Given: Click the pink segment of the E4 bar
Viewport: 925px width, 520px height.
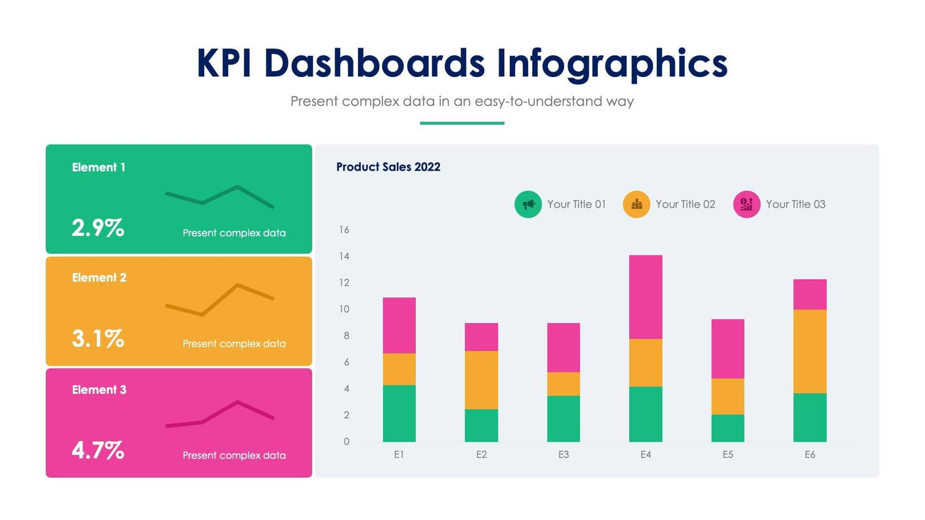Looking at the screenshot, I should point(645,297).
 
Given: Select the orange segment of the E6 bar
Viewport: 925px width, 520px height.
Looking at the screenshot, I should point(809,351).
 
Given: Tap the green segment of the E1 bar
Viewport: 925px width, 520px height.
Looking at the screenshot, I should point(399,413).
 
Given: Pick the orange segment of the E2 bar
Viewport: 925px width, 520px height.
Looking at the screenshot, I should point(481,380).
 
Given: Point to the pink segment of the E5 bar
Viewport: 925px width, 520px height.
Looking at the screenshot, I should point(727,348).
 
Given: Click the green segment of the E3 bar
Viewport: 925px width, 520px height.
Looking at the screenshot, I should point(563,418).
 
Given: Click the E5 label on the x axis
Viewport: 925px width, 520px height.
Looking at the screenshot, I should point(727,454).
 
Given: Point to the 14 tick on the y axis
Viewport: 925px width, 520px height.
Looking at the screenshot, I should point(344,256).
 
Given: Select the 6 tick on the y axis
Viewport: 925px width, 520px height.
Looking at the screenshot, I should point(346,362).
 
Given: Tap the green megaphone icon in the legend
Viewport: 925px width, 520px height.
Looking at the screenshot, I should point(528,204).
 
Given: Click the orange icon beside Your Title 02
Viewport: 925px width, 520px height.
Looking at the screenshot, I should point(636,204).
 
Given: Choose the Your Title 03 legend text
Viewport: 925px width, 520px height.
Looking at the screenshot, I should point(795,204).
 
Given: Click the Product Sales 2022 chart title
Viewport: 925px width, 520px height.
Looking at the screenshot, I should point(388,167).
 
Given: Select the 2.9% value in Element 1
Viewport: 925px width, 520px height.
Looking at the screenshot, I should point(98,228).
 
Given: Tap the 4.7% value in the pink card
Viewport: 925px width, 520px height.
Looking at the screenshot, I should point(98,450).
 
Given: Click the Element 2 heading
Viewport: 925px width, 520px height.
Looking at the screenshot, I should point(99,277).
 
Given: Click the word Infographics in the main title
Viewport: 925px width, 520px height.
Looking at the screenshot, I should point(612,63).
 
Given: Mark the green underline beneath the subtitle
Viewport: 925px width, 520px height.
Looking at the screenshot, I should point(461,123).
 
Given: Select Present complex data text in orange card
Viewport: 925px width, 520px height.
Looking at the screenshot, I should point(234,344).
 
